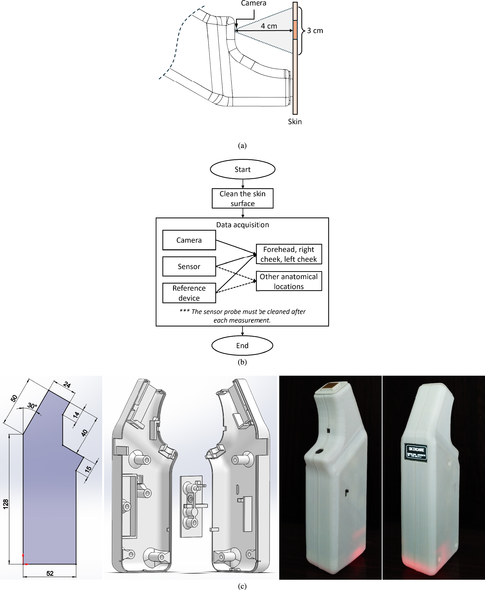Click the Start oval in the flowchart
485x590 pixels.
[242, 169]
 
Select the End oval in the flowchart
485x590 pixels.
[242, 345]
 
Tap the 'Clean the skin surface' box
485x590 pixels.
[242, 198]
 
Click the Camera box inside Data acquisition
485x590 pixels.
[189, 240]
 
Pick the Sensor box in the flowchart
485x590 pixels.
[189, 266]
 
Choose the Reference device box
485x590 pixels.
[189, 293]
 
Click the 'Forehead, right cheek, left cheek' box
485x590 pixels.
[289, 254]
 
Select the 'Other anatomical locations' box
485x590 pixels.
[289, 281]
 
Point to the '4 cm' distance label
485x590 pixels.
[269, 26]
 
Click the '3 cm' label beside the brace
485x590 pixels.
[315, 31]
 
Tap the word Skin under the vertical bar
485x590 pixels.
[295, 122]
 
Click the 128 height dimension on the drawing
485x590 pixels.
[6, 504]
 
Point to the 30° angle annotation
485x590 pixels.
[32, 406]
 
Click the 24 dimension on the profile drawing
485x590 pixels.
[67, 384]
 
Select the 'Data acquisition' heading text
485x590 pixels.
[242, 225]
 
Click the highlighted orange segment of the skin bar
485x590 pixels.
[295, 29]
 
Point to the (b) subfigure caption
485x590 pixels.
[242, 362]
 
